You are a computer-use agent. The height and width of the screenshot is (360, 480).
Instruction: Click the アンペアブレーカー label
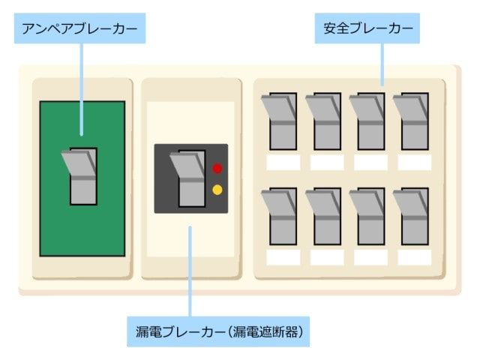[80, 31]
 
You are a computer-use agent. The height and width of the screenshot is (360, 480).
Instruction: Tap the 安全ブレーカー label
[368, 31]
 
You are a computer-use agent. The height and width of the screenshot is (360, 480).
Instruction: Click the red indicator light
[217, 168]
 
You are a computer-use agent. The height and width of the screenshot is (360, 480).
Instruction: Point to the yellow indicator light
[217, 190]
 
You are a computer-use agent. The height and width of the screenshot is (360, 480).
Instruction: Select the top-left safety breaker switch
[280, 121]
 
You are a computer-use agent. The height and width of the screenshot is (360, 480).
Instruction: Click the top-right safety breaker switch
[412, 121]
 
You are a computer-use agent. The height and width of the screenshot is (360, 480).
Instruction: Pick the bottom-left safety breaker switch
[280, 217]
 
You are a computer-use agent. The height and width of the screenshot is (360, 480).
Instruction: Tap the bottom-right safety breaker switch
[412, 217]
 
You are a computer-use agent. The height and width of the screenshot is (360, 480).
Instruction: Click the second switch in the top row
[324, 121]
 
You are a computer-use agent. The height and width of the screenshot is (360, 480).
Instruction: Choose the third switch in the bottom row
[368, 217]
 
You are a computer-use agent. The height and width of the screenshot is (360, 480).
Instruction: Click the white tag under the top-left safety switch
[283, 162]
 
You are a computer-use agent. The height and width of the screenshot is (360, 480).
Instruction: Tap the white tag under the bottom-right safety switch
[414, 257]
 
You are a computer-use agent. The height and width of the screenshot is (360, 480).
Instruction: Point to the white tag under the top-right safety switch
[414, 162]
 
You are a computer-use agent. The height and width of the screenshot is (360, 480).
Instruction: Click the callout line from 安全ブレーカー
[383, 64]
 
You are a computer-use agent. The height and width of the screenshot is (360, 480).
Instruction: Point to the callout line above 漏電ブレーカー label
[190, 270]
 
